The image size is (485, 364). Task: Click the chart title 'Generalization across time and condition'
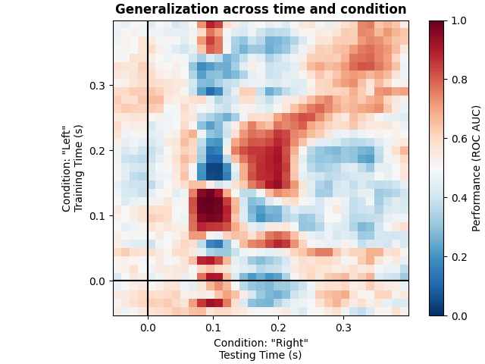261,10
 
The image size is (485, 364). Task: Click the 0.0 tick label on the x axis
148,328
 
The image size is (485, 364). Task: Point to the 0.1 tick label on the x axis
213,328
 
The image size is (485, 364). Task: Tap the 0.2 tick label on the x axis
278,328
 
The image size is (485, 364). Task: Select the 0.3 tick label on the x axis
343,328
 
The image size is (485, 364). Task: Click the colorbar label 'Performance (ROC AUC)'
477,168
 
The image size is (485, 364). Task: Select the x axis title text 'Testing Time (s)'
261,355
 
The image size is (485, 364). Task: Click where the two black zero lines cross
148,281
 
